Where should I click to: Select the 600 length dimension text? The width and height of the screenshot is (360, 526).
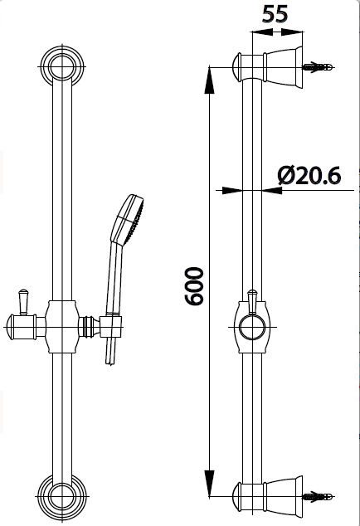coord(194,286)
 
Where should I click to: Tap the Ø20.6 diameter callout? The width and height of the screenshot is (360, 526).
coord(310,174)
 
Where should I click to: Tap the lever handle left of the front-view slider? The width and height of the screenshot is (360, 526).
coord(22,300)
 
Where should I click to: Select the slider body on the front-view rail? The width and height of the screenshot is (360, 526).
coord(60,325)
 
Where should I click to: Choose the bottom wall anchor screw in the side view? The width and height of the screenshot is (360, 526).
coord(319,497)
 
